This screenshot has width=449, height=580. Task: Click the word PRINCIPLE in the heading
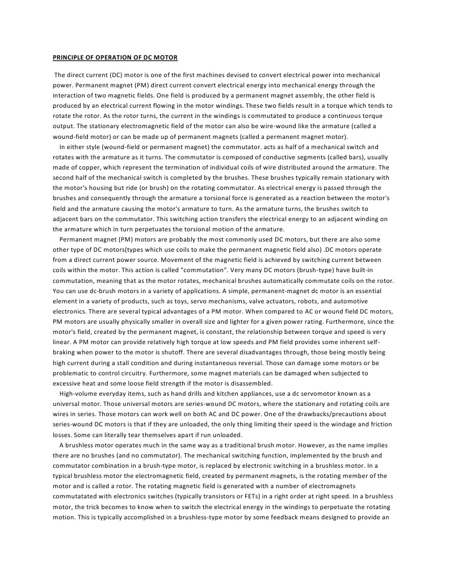pos(68,58)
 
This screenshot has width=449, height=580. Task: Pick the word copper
pos(85,168)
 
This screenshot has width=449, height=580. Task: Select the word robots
pos(318,301)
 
